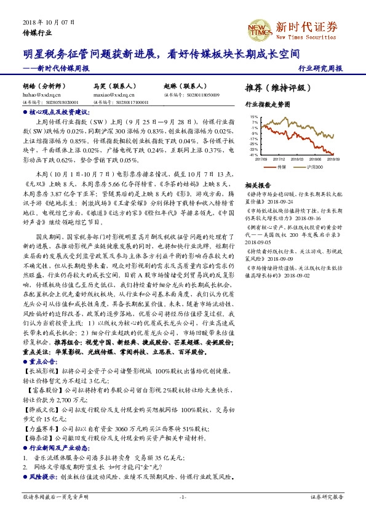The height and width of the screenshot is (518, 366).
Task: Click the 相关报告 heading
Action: pyautogui.click(x=256, y=185)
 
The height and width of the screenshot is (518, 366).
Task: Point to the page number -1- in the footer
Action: pyautogui.click(x=182, y=496)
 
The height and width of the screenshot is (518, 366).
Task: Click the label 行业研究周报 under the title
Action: pyautogui.click(x=319, y=68)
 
